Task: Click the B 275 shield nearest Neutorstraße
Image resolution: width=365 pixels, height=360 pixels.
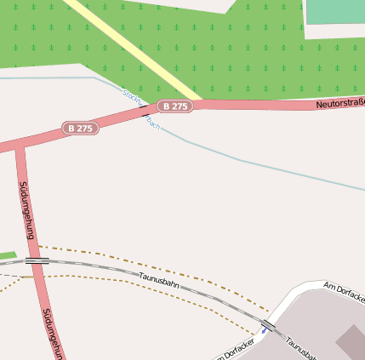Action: (176, 106)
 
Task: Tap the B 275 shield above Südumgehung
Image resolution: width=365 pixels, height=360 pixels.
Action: (80, 129)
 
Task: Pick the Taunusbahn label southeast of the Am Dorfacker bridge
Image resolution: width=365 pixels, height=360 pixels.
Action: (301, 347)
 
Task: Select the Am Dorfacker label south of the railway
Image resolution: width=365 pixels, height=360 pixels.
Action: (233, 350)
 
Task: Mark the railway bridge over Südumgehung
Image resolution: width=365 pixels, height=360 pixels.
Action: (35, 260)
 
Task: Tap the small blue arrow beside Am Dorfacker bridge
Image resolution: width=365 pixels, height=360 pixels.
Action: (265, 329)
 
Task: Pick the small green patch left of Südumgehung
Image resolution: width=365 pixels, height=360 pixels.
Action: (7, 255)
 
